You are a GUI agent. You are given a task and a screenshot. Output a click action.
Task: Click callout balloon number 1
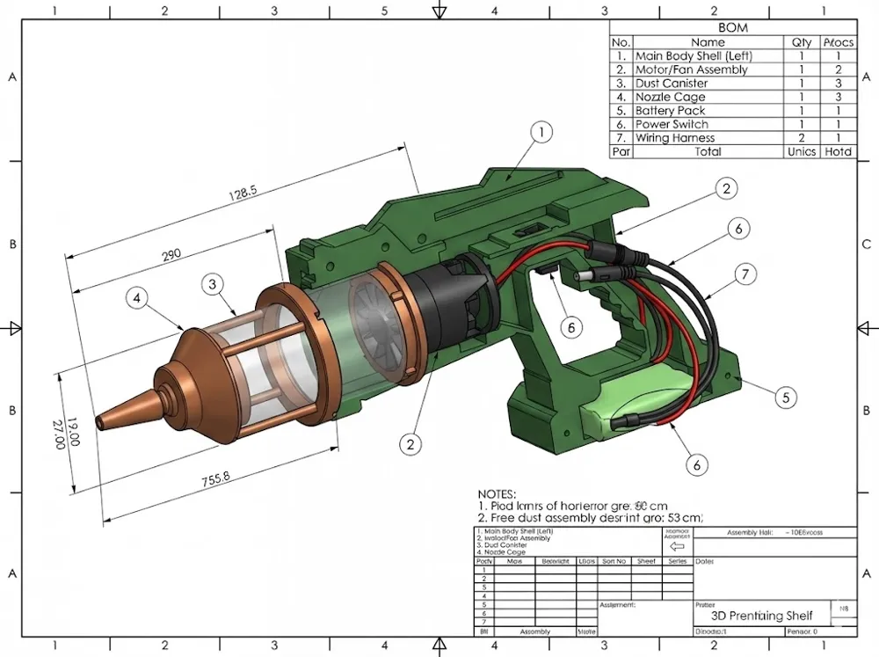click(x=542, y=133)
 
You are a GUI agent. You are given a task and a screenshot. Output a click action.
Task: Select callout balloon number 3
click(x=212, y=284)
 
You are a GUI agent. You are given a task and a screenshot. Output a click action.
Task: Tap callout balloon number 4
click(x=136, y=298)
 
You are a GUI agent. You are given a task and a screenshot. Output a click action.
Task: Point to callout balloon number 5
click(x=787, y=397)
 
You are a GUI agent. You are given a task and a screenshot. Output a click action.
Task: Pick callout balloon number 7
click(x=745, y=275)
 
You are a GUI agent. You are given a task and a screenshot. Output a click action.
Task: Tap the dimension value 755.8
click(x=215, y=478)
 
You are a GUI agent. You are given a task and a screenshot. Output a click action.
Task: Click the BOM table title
click(x=732, y=27)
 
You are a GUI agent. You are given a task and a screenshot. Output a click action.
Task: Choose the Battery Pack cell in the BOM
click(x=670, y=111)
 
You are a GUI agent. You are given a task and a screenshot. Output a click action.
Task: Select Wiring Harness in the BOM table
click(x=674, y=138)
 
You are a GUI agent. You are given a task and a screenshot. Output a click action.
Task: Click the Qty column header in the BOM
click(x=802, y=41)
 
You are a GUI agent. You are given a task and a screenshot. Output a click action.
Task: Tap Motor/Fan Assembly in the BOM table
click(x=691, y=69)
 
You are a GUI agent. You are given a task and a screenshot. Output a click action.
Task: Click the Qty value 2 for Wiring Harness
click(x=802, y=138)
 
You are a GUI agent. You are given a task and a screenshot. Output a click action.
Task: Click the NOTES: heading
click(x=497, y=495)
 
